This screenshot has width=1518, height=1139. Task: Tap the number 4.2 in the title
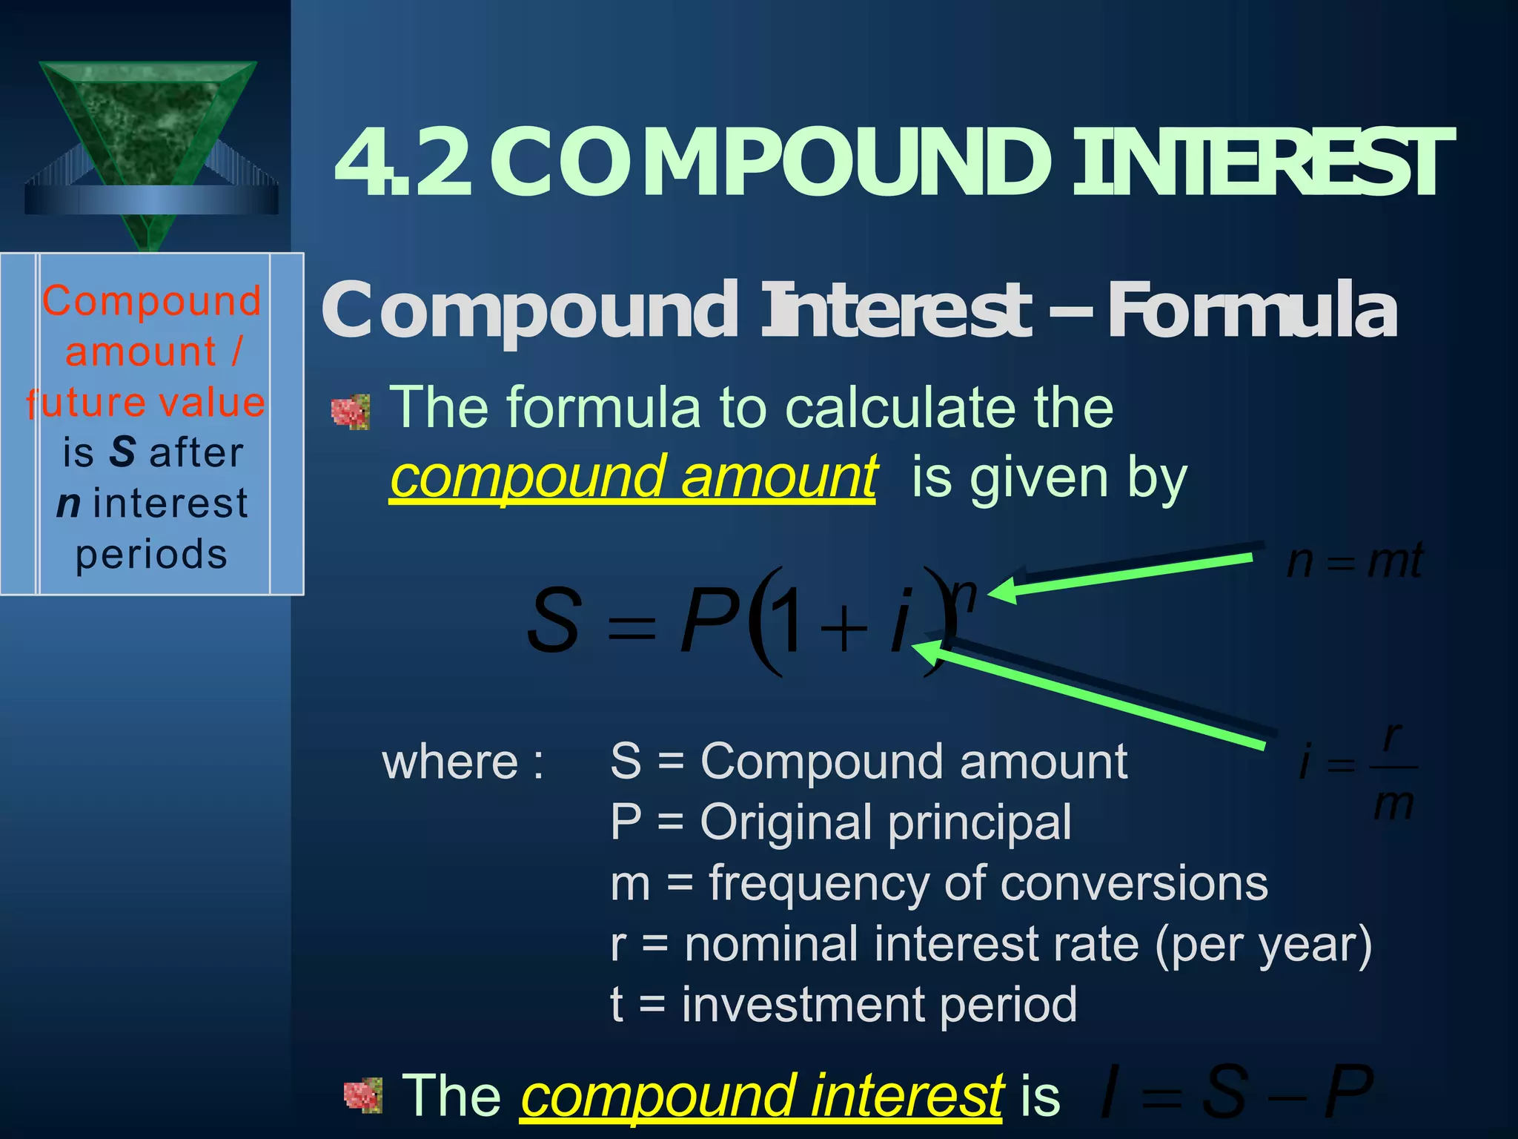tap(404, 163)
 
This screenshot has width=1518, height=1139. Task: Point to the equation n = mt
tap(1354, 561)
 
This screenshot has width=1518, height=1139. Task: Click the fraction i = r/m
tap(1359, 771)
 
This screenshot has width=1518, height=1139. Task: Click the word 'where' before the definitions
tap(450, 762)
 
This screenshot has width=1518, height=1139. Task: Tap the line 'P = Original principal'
tap(841, 822)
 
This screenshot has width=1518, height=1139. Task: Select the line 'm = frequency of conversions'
tap(938, 883)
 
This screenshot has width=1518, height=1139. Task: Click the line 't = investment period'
tap(843, 1005)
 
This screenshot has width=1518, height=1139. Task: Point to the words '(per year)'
tap(1263, 945)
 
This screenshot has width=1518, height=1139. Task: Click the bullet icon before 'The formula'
tap(351, 412)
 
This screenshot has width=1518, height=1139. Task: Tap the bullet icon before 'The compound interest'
tap(363, 1096)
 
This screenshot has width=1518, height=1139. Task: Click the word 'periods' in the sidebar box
tap(151, 555)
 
